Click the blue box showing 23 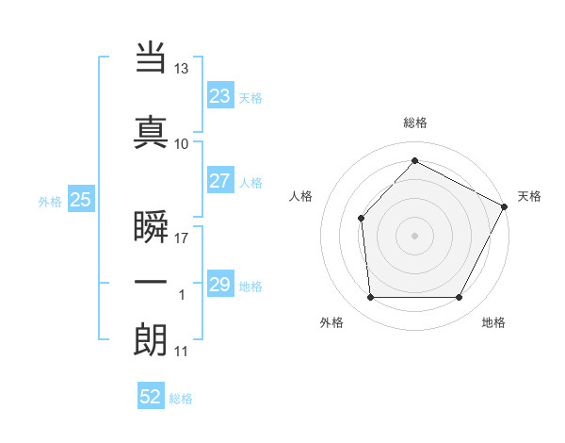[x=220, y=96]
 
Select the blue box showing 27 [x=220, y=181]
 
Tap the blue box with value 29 [x=220, y=285]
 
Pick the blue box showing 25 [x=81, y=200]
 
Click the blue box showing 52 [x=151, y=397]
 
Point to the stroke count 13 [x=181, y=69]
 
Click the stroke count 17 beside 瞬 [x=181, y=237]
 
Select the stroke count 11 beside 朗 [x=181, y=352]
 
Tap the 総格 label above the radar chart [x=414, y=123]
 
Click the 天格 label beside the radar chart [x=529, y=196]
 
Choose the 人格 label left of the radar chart [x=300, y=196]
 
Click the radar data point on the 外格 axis [x=370, y=298]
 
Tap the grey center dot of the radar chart [x=414, y=235]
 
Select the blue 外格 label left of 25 [x=50, y=201]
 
